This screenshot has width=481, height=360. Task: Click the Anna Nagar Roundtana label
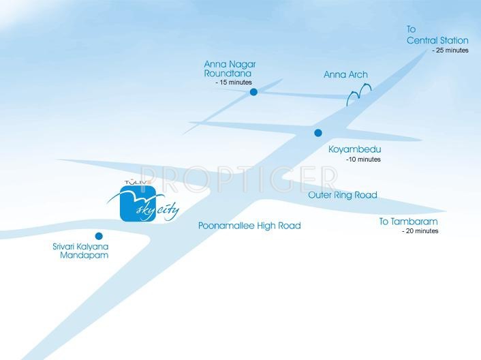tap(230, 69)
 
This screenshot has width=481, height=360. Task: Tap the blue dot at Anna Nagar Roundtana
tap(253, 91)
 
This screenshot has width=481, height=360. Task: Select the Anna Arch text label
tap(345, 75)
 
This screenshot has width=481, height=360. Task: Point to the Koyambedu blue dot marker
tap(317, 133)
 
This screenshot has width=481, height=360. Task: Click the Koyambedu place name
tap(354, 149)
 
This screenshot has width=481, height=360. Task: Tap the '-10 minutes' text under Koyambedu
tap(363, 160)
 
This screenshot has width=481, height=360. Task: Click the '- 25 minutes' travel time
tap(450, 50)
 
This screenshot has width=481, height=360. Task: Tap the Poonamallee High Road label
tap(249, 225)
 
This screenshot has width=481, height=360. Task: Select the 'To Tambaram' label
tap(408, 222)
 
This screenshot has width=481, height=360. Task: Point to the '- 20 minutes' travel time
tap(420, 231)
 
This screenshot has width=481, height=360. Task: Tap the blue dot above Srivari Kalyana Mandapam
tap(99, 235)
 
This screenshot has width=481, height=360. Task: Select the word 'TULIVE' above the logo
tap(138, 182)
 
